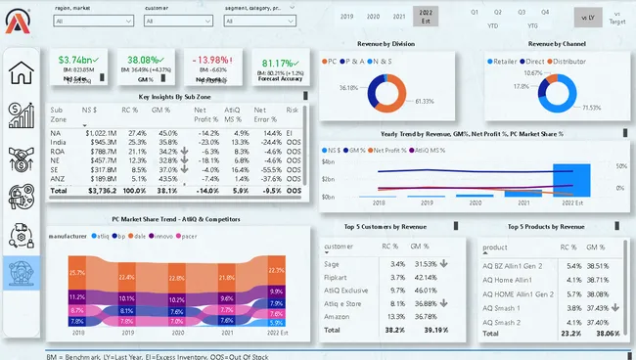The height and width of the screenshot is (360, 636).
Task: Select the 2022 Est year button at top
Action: point(426,17)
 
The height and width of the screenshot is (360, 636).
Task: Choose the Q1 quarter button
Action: point(475,12)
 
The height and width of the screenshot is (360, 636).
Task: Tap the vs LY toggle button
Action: point(584,18)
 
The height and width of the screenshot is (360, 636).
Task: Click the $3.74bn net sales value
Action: point(75,60)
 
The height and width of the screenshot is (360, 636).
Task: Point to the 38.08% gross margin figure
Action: point(145,60)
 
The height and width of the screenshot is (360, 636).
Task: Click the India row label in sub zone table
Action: point(59,142)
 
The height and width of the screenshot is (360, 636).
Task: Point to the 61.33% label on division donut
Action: point(424,101)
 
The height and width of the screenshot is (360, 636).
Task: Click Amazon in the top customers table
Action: point(338,316)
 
